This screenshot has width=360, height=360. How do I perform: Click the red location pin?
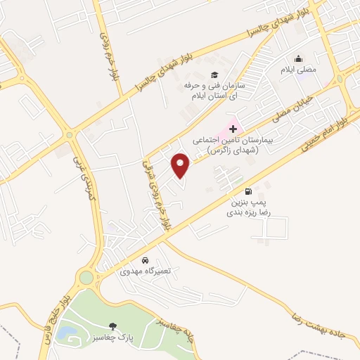point(181,165)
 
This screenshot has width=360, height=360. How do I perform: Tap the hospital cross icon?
point(233,129)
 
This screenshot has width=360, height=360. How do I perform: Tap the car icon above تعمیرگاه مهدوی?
point(145,259)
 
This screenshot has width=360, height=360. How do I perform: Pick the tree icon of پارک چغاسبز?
point(112,326)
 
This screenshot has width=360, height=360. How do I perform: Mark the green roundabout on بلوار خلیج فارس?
point(86,278)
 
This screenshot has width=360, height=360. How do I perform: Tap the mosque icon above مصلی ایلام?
point(299,58)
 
